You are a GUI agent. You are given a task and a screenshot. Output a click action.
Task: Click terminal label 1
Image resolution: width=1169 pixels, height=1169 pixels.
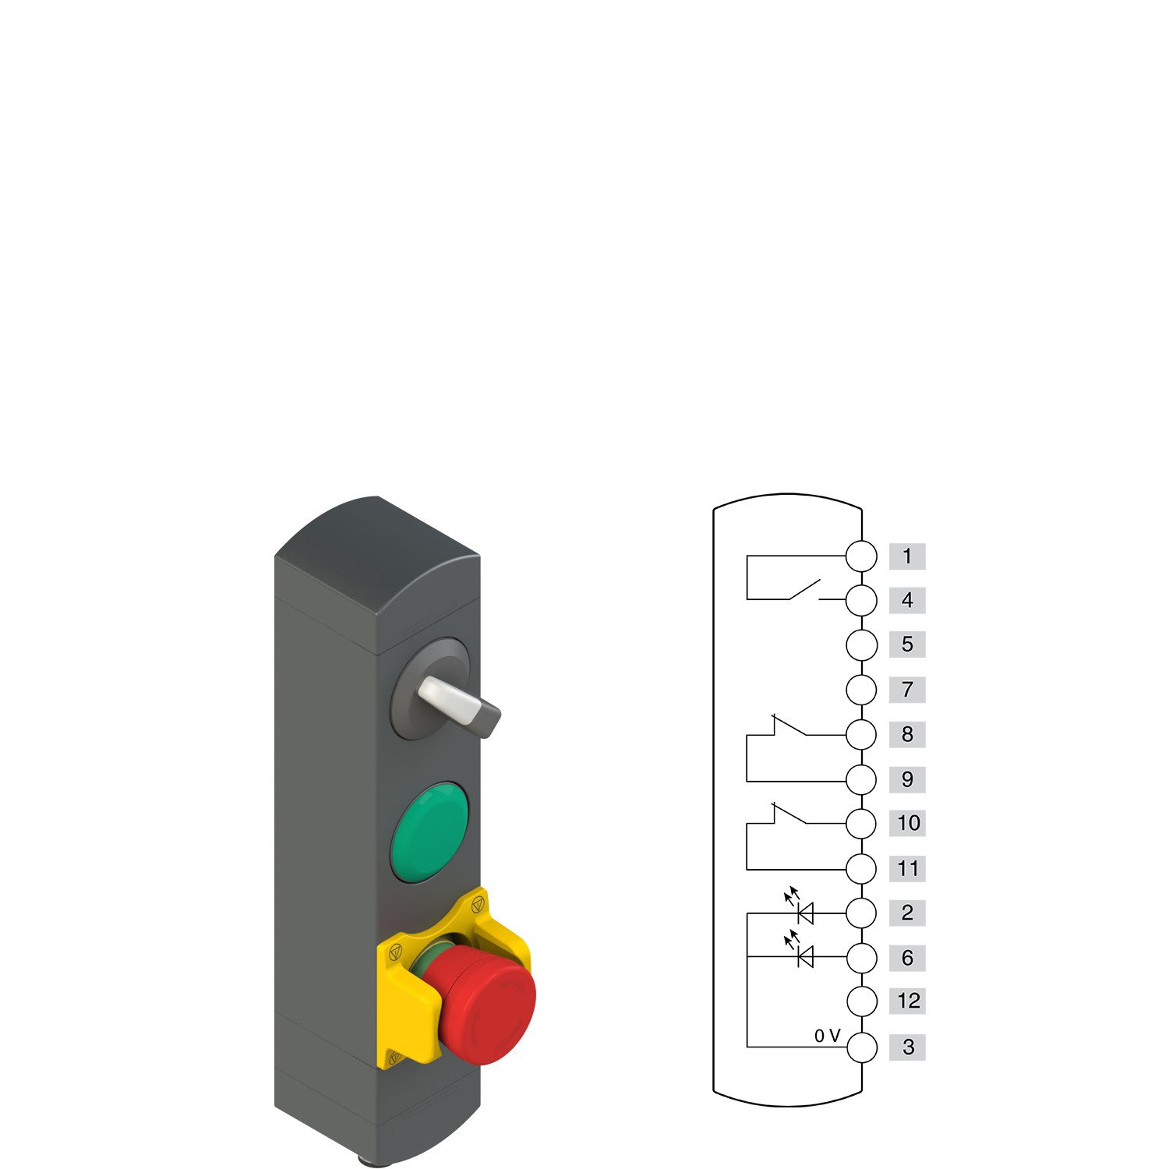pyautogui.click(x=907, y=556)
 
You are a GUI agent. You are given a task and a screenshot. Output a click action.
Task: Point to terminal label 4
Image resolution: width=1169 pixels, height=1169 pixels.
pyautogui.click(x=907, y=600)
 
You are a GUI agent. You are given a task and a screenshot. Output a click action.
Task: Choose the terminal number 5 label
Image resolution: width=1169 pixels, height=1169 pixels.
pyautogui.click(x=907, y=645)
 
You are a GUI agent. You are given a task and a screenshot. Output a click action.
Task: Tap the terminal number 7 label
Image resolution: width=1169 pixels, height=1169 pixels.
pyautogui.click(x=907, y=689)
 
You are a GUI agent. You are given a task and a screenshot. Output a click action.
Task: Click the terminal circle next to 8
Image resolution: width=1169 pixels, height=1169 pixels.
pyautogui.click(x=861, y=734)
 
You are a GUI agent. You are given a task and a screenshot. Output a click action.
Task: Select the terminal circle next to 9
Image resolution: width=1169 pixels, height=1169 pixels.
pyautogui.click(x=861, y=779)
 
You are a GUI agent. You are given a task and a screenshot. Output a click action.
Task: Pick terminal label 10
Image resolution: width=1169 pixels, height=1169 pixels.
pyautogui.click(x=907, y=823)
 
